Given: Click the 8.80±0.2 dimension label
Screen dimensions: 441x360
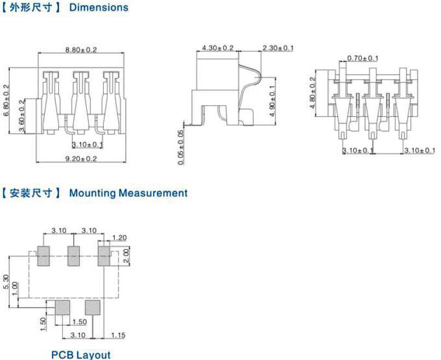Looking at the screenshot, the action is tap(81, 50).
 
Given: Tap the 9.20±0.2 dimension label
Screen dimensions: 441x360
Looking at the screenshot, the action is tap(81, 159).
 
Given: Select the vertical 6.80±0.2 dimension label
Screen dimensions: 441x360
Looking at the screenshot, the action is tap(6, 101).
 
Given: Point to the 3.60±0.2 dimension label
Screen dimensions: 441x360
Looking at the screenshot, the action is tap(21, 116).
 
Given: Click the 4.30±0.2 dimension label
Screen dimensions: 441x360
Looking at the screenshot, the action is tap(217, 48).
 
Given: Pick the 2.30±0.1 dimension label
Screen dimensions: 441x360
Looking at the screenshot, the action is tap(278, 48).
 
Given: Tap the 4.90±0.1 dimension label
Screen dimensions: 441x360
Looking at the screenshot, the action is tap(272, 101).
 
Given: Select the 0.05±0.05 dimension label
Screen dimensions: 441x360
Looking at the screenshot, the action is tap(181, 147).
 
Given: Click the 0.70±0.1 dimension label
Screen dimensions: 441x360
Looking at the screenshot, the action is tap(362, 58).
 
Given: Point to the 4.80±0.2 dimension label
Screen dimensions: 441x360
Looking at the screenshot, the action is tap(313, 92).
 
